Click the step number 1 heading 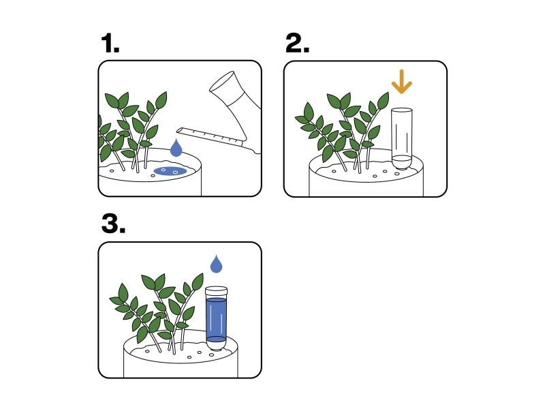[110, 44]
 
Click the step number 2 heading [297, 44]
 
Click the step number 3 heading [113, 224]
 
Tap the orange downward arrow [401, 82]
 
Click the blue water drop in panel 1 [176, 148]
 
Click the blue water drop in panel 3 [216, 264]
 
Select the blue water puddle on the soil [170, 171]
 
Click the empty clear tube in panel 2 [402, 138]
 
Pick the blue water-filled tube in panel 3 [216, 318]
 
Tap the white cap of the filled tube [216, 290]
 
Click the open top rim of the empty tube [402, 110]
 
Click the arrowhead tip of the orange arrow [401, 93]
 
